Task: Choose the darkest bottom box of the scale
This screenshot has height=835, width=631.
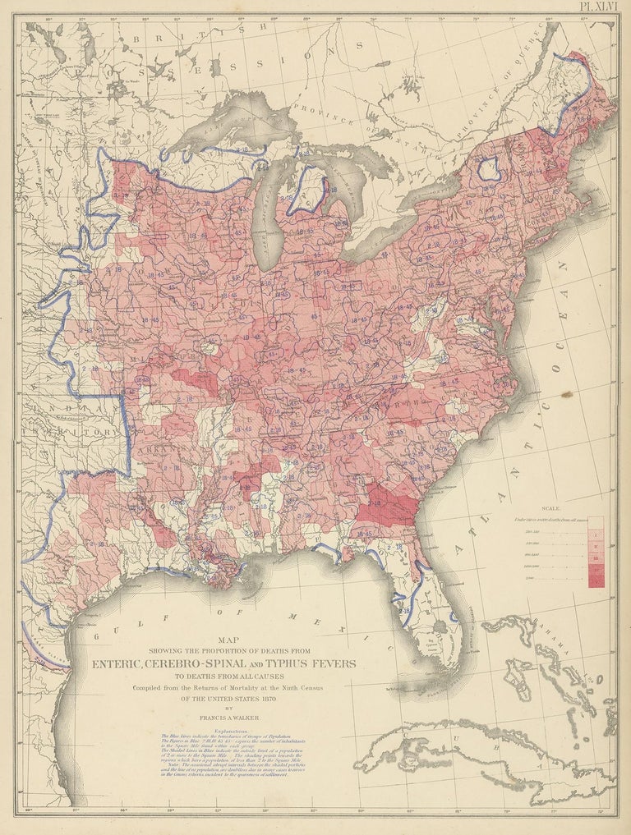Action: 596,580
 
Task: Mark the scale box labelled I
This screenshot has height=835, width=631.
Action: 596,534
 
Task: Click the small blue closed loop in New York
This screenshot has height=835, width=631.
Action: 490,169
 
